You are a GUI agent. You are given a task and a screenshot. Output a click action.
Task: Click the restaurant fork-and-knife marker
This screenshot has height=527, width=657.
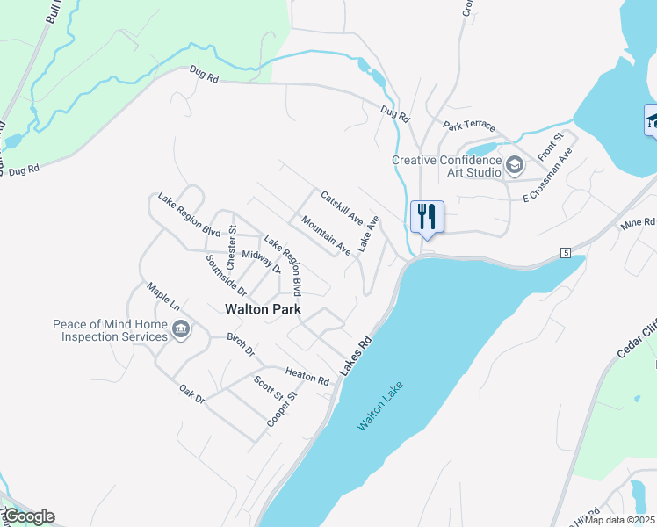coord(427,216)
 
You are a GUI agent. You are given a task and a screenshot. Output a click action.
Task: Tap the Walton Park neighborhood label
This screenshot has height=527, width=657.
coord(263,309)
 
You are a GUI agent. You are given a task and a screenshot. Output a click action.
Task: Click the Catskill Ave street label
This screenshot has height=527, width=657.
coord(342,206)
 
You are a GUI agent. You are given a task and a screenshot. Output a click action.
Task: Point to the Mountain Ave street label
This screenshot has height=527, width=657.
coord(326,236)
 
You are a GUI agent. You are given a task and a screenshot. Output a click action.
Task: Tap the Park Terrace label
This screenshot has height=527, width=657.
coord(469,126)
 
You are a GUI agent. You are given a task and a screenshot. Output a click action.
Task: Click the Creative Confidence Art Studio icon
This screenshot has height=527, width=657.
coord(515,163)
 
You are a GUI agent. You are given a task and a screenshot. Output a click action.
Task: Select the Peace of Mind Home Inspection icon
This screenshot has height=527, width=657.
coord(182,329)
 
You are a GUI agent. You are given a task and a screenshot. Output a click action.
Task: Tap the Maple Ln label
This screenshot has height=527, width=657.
coord(163,297)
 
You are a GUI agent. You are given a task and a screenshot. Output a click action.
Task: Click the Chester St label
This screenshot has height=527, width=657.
coord(232,246)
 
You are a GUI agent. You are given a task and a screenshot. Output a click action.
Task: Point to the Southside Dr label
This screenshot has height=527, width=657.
coord(227,274)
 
